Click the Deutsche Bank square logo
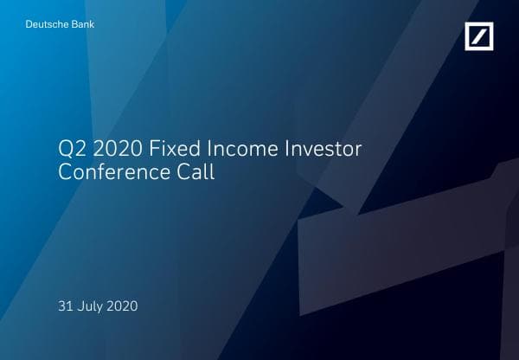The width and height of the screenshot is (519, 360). click(x=481, y=37)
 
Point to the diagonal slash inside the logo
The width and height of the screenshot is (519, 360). click(x=481, y=37)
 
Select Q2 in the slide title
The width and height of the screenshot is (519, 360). click(x=70, y=149)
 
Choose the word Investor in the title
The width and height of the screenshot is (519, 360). click(x=324, y=149)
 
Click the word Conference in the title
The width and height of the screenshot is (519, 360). click(x=113, y=171)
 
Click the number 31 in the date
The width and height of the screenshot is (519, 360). click(x=64, y=305)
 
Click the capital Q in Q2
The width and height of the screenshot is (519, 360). click(x=65, y=149)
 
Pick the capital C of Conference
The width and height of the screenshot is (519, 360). click(x=64, y=171)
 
